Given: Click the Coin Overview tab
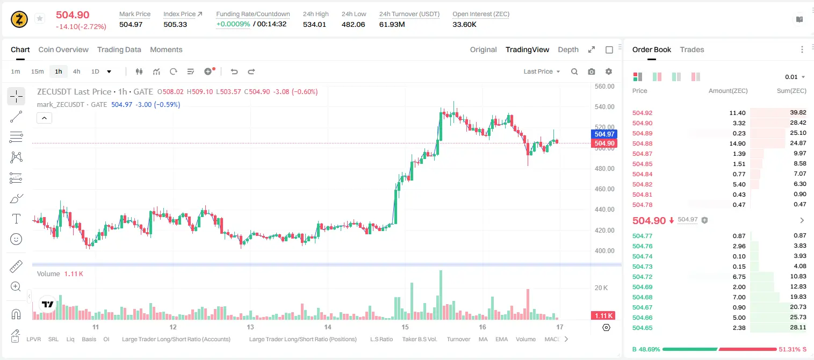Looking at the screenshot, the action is [63, 49].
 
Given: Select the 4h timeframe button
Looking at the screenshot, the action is [76, 71].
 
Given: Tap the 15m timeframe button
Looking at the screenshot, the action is [38, 71].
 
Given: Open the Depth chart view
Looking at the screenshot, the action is [568, 49].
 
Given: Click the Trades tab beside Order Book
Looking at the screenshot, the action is [692, 49].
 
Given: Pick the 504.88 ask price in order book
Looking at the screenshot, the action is [642, 143].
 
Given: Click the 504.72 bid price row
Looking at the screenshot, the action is [642, 277].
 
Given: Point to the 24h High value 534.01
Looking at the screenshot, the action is [314, 24].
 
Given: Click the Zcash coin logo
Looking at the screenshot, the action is [19, 19].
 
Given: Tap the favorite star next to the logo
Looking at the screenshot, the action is [40, 18].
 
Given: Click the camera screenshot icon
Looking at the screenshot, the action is [592, 71].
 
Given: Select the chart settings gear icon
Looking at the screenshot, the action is [609, 71].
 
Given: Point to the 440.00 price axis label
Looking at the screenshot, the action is [604, 209].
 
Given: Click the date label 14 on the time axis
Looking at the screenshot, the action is [328, 327].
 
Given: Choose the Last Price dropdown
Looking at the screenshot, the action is [542, 71].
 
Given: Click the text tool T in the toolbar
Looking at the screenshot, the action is [16, 219].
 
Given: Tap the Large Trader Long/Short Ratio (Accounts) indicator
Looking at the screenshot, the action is [176, 339].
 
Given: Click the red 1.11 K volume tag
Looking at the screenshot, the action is [603, 316].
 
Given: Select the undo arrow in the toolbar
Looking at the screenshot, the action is [234, 71].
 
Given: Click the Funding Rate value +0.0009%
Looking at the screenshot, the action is [233, 24].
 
